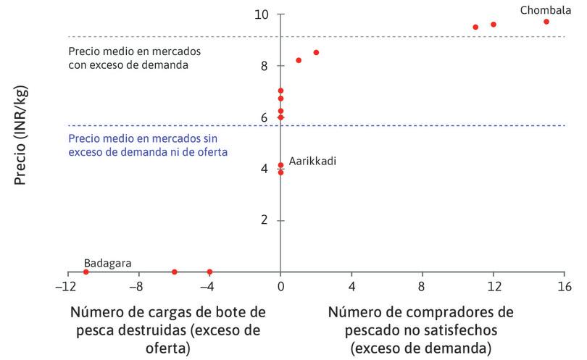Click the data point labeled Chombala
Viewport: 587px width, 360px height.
point(546,22)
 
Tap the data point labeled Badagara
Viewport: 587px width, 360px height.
point(86,272)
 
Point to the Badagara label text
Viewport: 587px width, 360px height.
point(107,264)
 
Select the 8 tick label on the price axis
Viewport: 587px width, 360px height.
point(264,66)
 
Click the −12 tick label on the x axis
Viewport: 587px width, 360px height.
point(67,285)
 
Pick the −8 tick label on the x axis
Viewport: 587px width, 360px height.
point(138,285)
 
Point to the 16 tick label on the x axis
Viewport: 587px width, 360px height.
point(565,285)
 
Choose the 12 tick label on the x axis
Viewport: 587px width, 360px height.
point(494,285)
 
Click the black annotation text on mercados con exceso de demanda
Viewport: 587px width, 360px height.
point(134,59)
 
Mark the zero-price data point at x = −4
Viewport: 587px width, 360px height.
point(209,272)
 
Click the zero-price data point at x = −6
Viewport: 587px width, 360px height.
point(175,272)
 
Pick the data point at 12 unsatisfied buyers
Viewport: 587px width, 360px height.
point(494,25)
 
